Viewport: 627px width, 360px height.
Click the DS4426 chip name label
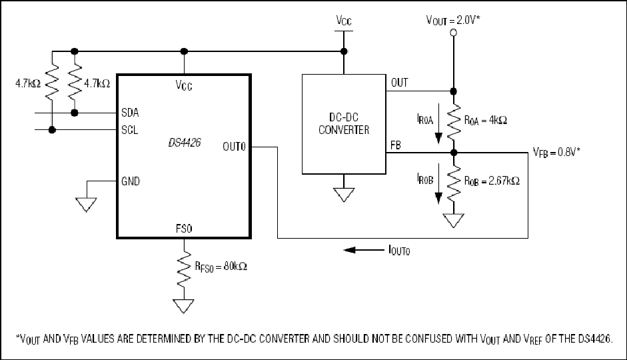pyautogui.click(x=185, y=143)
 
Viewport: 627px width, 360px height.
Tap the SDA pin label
pyautogui.click(x=130, y=113)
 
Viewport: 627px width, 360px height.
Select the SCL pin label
pyautogui.click(x=129, y=130)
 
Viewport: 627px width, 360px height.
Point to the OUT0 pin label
pyautogui.click(x=234, y=147)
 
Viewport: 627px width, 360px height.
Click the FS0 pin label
pyautogui.click(x=184, y=229)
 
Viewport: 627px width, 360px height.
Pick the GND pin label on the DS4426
pyautogui.click(x=131, y=181)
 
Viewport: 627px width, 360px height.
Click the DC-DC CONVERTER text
pyautogui.click(x=344, y=123)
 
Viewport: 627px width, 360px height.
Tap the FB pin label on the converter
pyautogui.click(x=396, y=145)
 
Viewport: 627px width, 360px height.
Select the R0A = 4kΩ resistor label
pyautogui.click(x=486, y=121)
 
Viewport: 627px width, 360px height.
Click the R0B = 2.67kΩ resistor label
pyautogui.click(x=492, y=181)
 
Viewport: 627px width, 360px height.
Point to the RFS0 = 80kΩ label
pyautogui.click(x=221, y=267)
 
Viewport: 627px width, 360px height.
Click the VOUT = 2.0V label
pyautogui.click(x=453, y=20)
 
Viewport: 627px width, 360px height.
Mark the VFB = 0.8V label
pyautogui.click(x=556, y=153)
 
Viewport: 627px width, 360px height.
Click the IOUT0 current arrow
pyautogui.click(x=364, y=250)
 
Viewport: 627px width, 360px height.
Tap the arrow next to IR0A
pyautogui.click(x=438, y=123)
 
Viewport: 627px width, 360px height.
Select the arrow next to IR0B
pyautogui.click(x=438, y=183)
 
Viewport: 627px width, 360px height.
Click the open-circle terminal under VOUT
pyautogui.click(x=454, y=33)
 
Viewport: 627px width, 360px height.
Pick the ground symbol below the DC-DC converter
pyautogui.click(x=344, y=195)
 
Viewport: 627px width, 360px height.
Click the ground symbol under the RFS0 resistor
pyautogui.click(x=184, y=307)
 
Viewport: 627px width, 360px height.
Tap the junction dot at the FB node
pyautogui.click(x=454, y=153)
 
